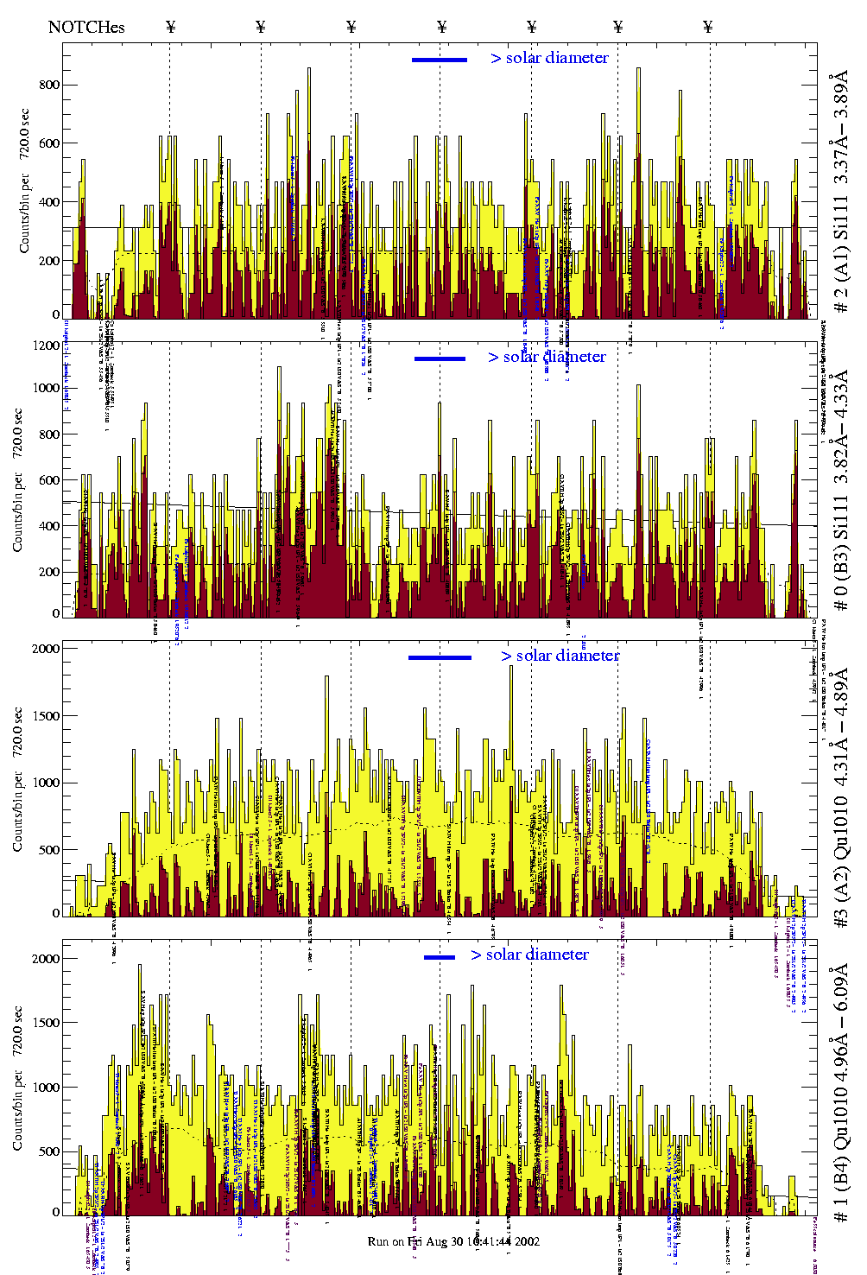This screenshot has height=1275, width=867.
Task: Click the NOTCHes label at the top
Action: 86,27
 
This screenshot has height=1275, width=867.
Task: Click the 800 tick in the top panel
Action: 48,85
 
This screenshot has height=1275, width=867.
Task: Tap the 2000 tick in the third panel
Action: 45,649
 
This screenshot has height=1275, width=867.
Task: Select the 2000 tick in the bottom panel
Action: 45,959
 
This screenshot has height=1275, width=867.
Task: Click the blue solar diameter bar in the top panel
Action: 440,60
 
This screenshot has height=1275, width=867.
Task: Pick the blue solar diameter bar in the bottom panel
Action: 440,957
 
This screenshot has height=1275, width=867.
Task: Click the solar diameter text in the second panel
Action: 547,357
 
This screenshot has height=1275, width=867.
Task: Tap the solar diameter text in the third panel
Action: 560,656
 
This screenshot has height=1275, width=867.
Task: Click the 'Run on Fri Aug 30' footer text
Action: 453,1241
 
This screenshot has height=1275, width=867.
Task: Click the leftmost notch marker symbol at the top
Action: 170,27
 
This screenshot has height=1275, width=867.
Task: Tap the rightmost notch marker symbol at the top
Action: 708,27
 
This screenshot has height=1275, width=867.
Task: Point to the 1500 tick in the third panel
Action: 45,716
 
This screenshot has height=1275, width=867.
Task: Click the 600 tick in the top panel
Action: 48,143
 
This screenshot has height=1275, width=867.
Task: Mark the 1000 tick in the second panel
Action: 45,388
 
